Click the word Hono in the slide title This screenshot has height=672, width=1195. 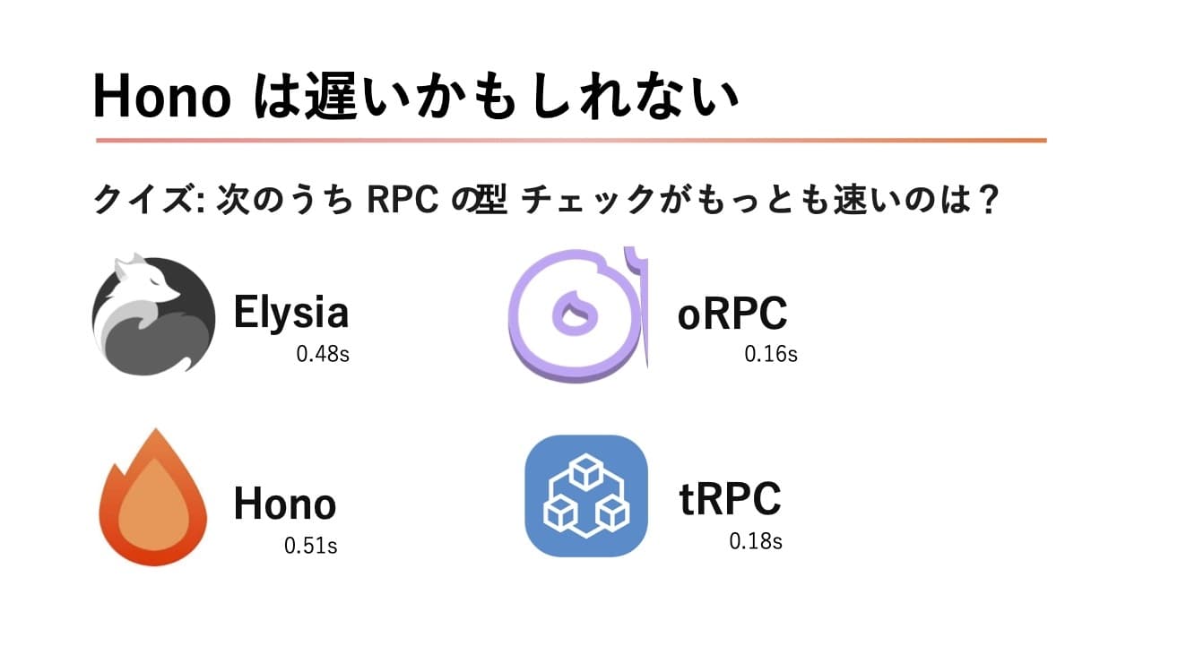click(x=162, y=97)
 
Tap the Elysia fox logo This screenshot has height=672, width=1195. click(x=153, y=315)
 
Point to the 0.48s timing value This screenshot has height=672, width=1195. click(x=323, y=354)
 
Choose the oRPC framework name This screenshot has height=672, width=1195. click(x=732, y=314)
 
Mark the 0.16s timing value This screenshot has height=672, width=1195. click(x=771, y=354)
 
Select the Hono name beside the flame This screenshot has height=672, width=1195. click(x=284, y=504)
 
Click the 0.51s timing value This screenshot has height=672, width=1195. click(x=311, y=545)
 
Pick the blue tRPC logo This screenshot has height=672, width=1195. click(x=586, y=495)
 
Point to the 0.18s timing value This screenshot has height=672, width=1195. click(x=756, y=541)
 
